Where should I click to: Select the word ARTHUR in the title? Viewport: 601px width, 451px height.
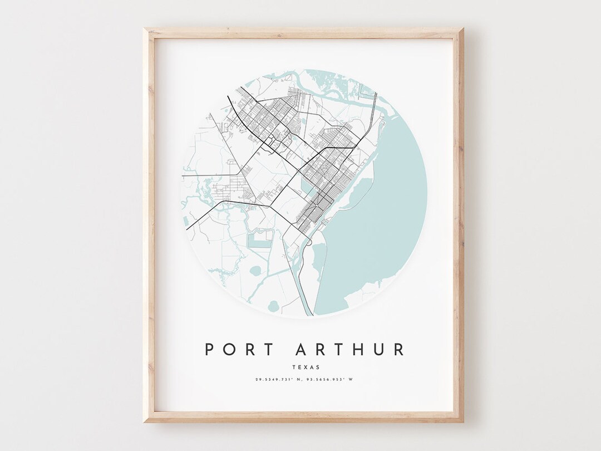pyautogui.click(x=351, y=349)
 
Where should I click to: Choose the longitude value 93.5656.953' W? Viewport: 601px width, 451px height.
pyautogui.click(x=332, y=380)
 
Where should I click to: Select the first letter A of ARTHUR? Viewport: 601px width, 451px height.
pyautogui.click(x=301, y=349)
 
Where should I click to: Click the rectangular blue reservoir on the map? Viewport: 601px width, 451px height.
pyautogui.click(x=258, y=240)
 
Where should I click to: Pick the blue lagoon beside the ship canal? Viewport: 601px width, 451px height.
pyautogui.click(x=319, y=262)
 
